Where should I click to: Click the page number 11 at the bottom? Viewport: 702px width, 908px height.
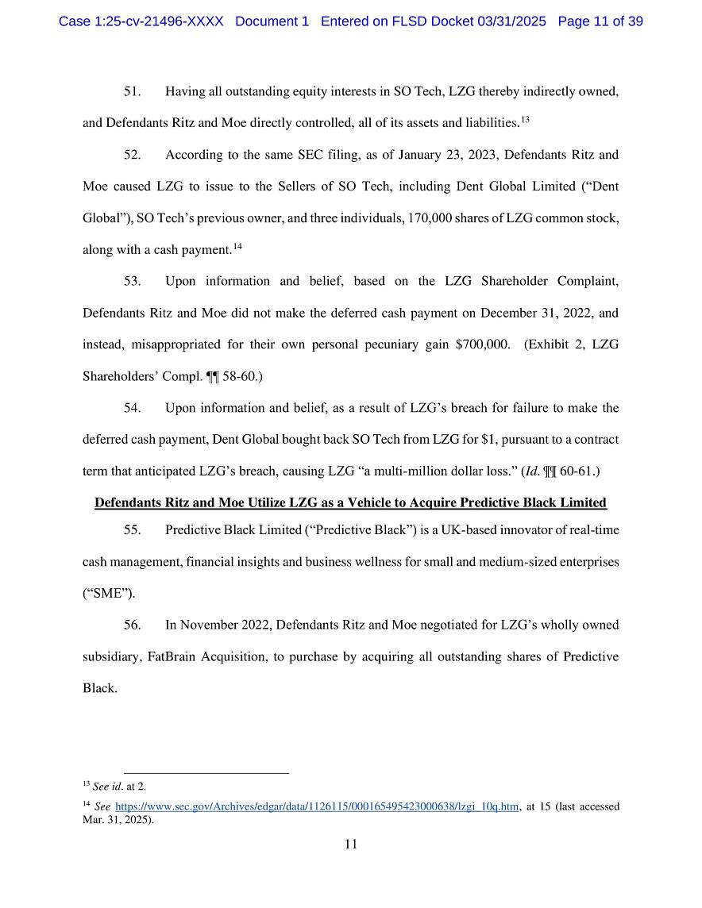351,845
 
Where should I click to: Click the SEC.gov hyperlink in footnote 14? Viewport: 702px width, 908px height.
317,806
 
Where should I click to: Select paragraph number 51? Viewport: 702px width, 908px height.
132,91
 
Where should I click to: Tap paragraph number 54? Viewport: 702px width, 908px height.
132,408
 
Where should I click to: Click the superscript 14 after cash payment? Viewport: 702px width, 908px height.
237,247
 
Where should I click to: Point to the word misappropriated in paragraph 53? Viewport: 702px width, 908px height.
183,344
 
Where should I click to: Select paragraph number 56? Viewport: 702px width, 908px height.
132,625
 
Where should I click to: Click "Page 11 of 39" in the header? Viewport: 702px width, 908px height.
600,21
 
